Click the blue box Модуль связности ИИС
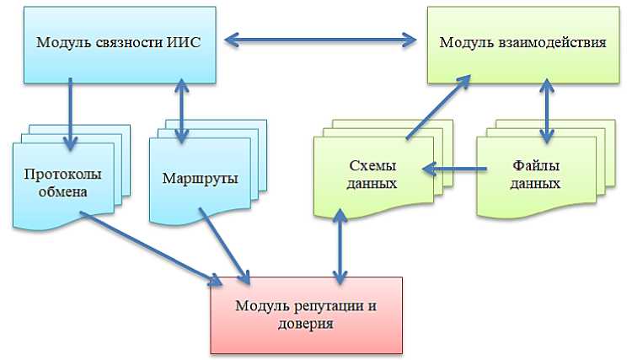click(118, 42)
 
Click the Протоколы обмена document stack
click(67, 181)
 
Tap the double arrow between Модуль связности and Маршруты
click(182, 105)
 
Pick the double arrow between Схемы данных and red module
click(340, 246)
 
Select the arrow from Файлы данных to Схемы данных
click(455, 169)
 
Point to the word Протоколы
click(67, 174)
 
